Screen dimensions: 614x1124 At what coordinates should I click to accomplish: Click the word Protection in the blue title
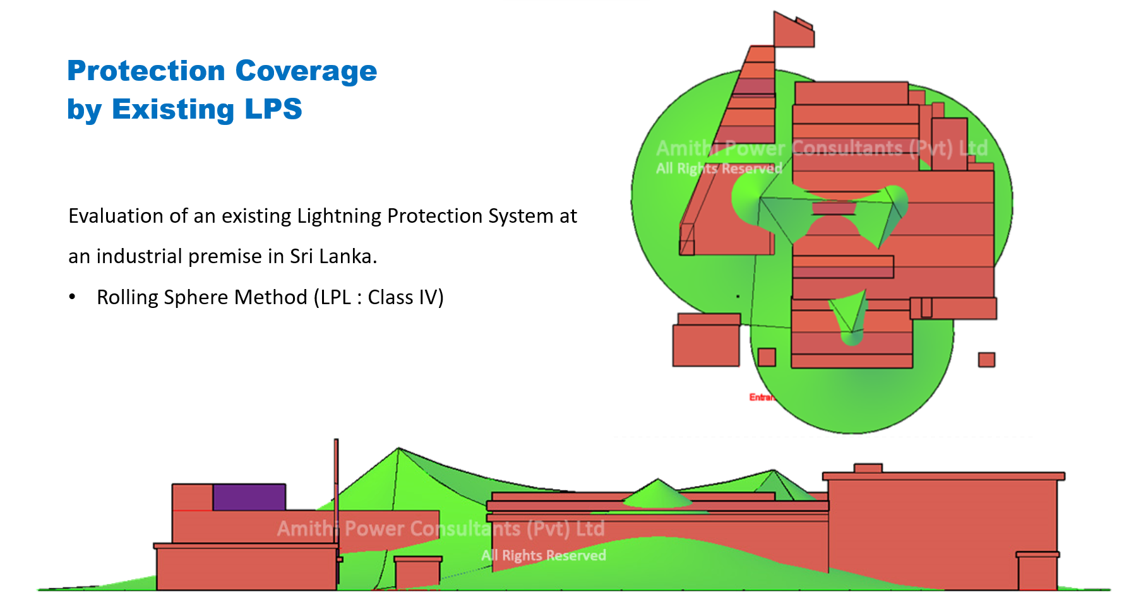click(x=145, y=71)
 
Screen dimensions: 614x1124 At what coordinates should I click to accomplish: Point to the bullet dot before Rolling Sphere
click(x=73, y=297)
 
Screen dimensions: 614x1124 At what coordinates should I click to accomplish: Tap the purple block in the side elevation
click(x=249, y=497)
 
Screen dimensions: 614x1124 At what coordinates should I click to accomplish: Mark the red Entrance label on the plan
click(x=762, y=397)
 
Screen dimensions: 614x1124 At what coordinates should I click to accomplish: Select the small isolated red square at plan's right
click(x=986, y=360)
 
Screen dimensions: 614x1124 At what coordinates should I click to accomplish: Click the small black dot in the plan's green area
click(x=738, y=296)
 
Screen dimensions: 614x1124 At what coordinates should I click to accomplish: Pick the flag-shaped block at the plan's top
click(x=793, y=32)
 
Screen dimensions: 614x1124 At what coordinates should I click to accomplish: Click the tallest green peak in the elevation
click(x=398, y=451)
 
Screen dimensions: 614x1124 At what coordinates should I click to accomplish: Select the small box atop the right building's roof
click(x=868, y=468)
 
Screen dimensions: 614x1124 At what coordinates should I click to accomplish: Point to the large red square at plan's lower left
click(x=706, y=345)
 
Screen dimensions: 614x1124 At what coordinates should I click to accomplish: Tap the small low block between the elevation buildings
click(x=417, y=572)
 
